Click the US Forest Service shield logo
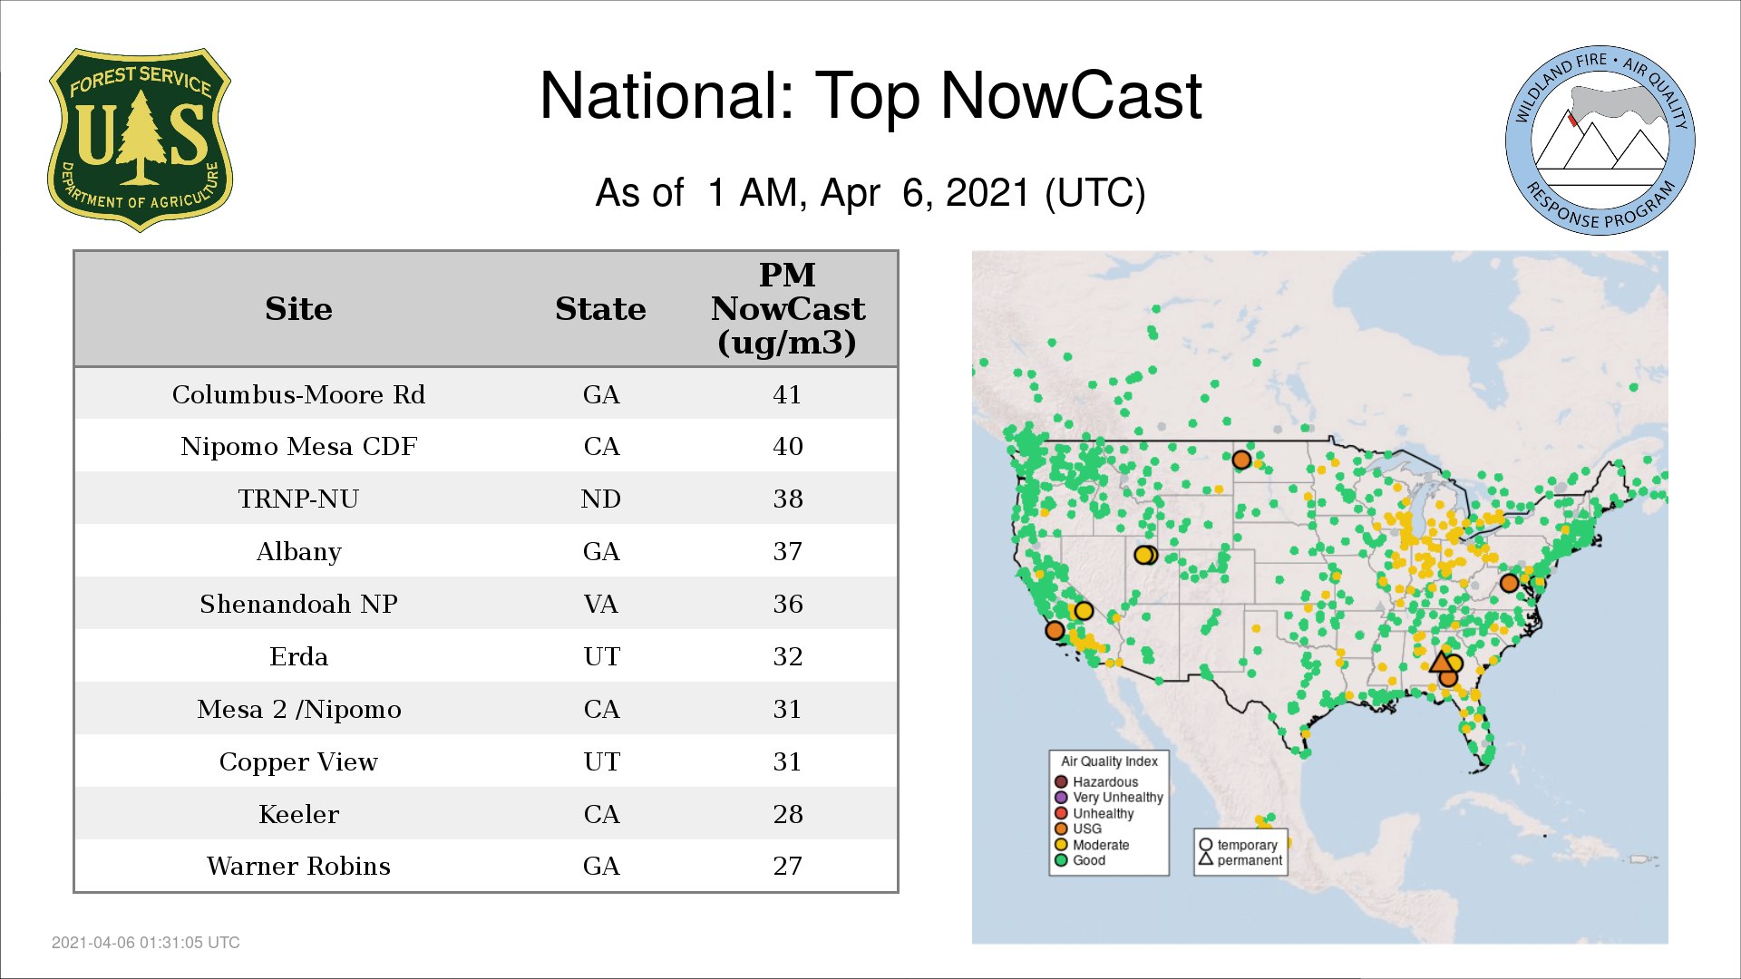click(x=140, y=140)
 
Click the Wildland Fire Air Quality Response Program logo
click(x=1600, y=141)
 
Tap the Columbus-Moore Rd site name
click(x=298, y=394)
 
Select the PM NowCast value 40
click(x=788, y=446)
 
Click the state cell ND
click(x=601, y=499)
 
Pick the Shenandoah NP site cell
click(x=298, y=604)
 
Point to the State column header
click(x=600, y=309)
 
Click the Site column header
click(x=298, y=309)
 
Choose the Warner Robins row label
click(x=298, y=866)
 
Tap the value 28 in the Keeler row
click(x=788, y=814)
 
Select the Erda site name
click(x=298, y=656)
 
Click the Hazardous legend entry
click(x=1096, y=781)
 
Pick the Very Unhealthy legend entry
click(x=1109, y=798)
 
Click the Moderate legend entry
click(x=1092, y=845)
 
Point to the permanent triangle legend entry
click(x=1240, y=860)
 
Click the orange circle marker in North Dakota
click(x=1241, y=460)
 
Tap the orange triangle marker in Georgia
click(x=1441, y=661)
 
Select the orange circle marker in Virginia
click(x=1509, y=583)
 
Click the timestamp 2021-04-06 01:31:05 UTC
click(x=146, y=943)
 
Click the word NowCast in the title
click(x=1072, y=95)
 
